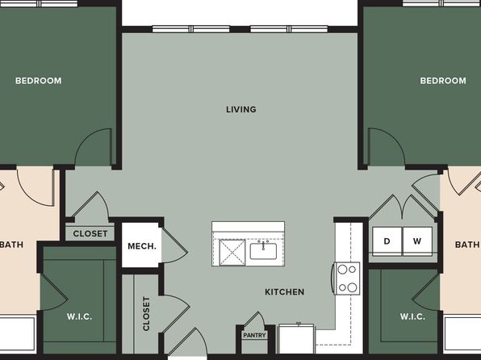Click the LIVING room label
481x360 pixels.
241,109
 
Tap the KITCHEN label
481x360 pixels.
285,291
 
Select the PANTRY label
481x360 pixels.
254,335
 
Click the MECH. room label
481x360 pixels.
142,246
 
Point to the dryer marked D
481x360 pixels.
387,241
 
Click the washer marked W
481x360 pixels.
417,241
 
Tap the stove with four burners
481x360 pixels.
347,278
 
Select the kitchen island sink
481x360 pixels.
263,251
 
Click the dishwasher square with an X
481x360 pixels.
232,253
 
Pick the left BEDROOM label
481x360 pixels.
39,81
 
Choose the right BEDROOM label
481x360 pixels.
443,81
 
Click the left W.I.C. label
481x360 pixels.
79,316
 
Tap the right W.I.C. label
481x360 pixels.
412,316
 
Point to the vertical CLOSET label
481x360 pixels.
146,314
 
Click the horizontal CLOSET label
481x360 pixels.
90,233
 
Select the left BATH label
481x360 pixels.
11,245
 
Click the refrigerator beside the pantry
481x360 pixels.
296,338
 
